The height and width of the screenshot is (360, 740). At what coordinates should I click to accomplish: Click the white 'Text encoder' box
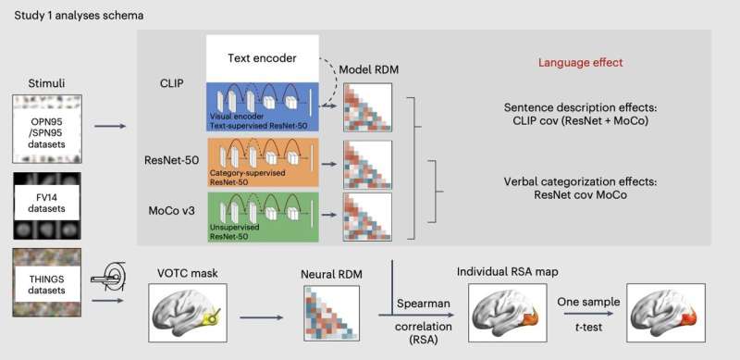tap(262, 58)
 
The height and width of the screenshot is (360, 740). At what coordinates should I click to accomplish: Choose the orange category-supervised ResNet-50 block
tap(262, 162)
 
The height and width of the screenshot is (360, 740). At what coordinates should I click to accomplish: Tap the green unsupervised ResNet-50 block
tap(262, 217)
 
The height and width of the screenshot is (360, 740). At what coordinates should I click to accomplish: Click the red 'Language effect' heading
tap(581, 62)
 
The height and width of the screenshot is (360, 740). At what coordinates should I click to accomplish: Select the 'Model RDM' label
tap(369, 70)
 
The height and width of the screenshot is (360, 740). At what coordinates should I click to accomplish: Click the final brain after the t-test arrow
tap(660, 313)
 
